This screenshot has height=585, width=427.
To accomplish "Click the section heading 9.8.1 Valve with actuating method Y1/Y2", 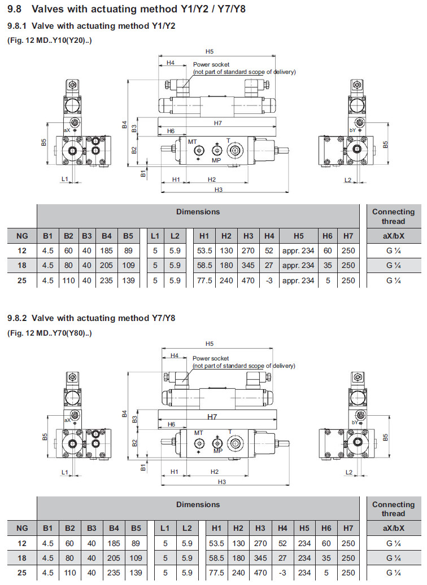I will click(91, 26).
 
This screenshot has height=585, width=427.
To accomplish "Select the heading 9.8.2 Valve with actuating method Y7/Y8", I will click(91, 318).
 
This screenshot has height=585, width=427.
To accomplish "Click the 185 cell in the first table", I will click(107, 250).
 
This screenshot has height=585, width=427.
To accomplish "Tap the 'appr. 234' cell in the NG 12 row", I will click(298, 250).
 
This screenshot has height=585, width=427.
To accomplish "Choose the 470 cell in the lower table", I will click(260, 573).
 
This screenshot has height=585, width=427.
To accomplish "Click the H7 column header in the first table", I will click(348, 236).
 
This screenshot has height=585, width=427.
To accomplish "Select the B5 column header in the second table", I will click(136, 529).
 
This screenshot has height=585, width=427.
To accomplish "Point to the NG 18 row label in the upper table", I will click(22, 265).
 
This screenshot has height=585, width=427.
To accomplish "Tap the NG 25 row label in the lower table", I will click(22, 573).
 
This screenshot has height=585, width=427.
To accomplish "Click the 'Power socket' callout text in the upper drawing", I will click(211, 65).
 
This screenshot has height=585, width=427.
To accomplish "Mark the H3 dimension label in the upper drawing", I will click(218, 190).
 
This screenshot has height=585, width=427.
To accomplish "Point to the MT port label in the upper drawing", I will click(193, 142).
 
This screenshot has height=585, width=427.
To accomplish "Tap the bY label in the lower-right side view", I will click(353, 422).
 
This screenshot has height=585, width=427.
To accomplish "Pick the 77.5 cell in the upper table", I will click(204, 280).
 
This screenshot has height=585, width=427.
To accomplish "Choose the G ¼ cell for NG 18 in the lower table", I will click(393, 558).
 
